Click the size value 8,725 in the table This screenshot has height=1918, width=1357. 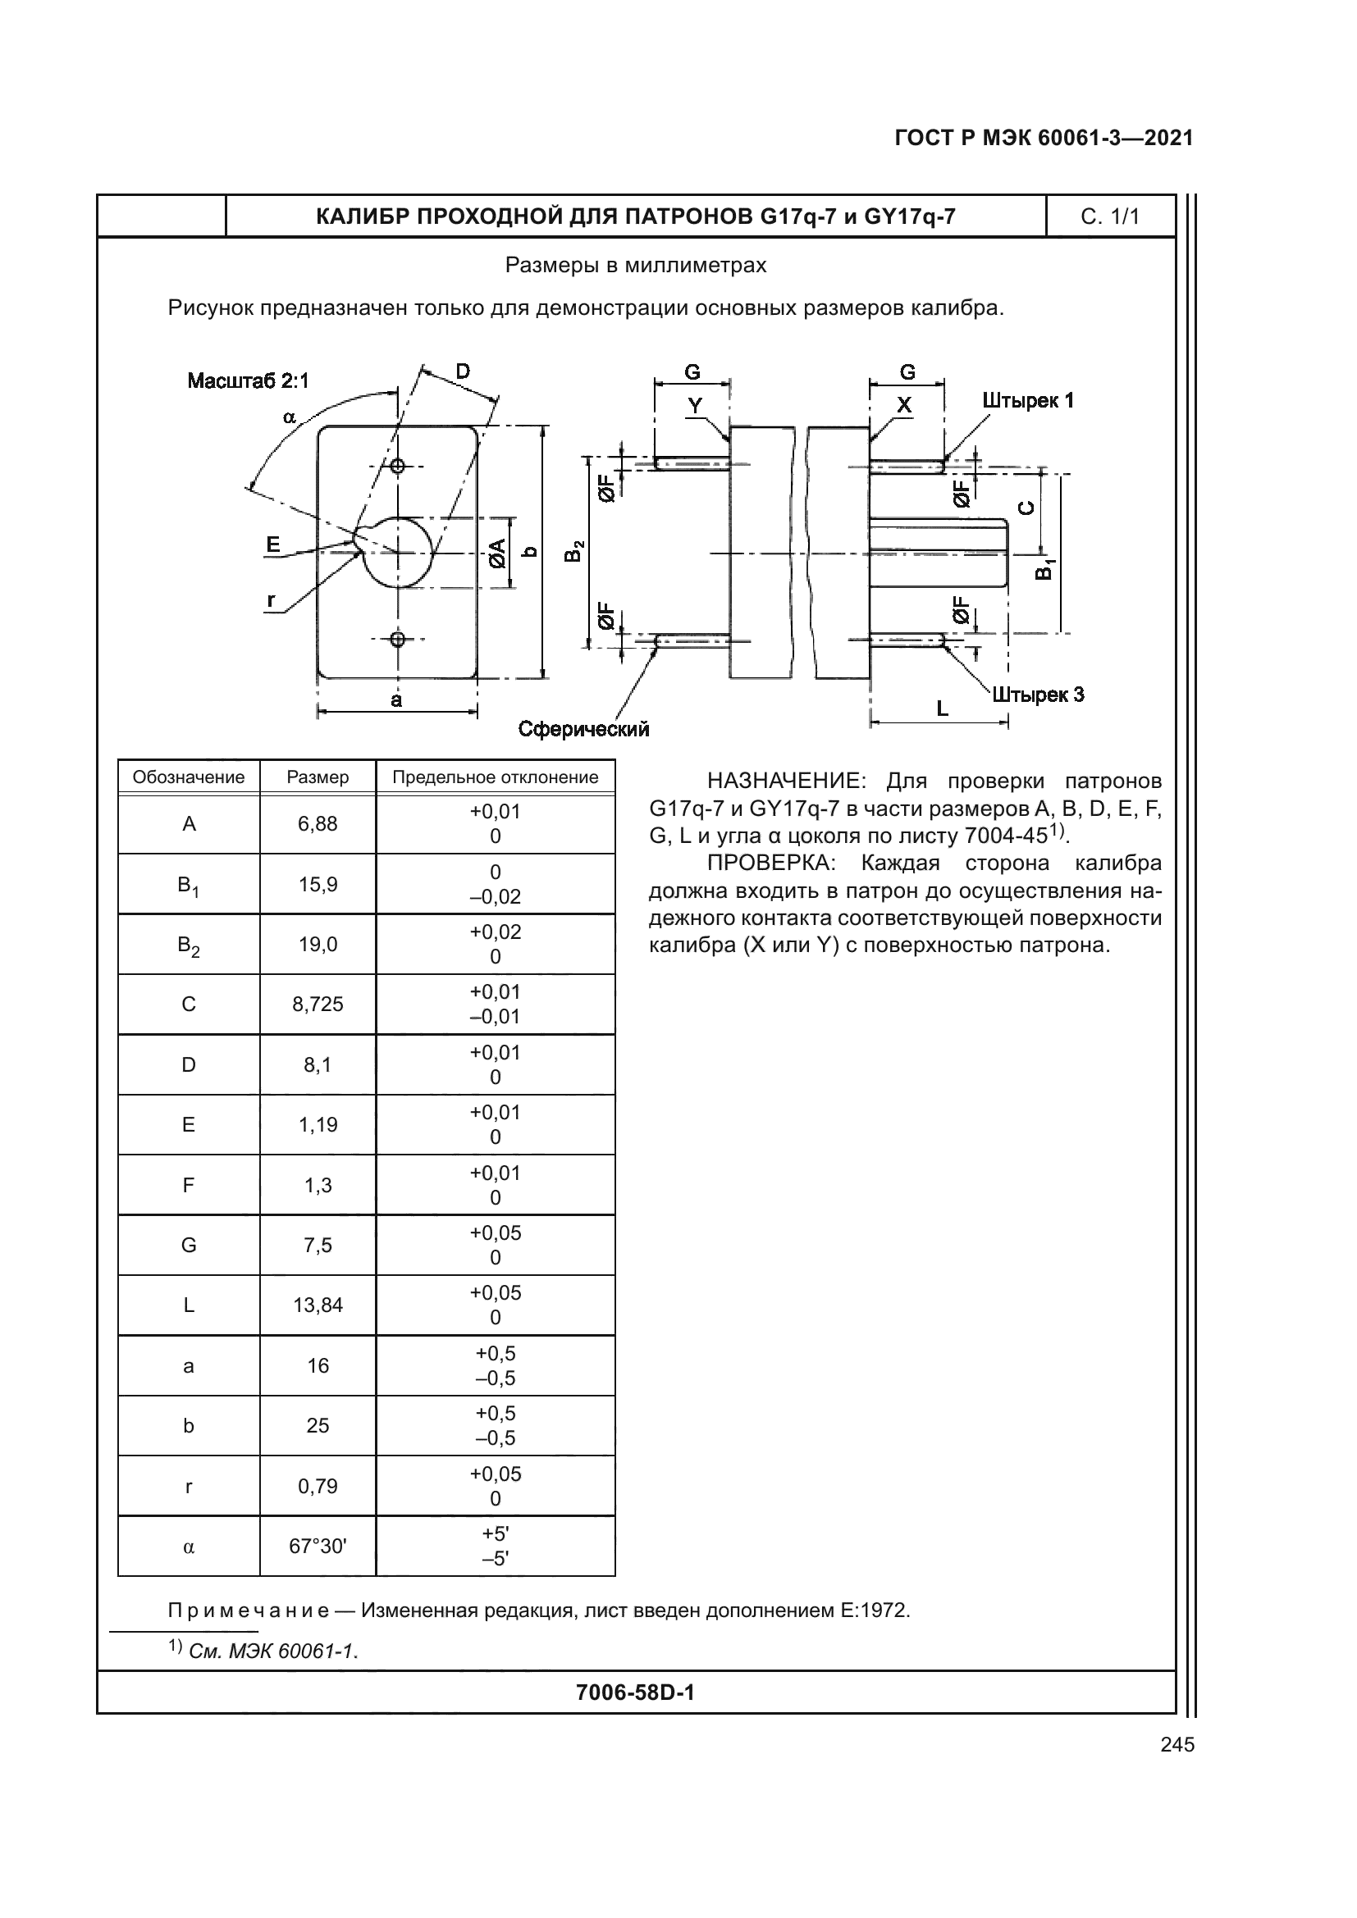(x=318, y=1005)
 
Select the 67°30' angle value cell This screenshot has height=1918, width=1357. (x=318, y=1547)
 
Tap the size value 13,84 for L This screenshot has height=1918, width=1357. (x=318, y=1305)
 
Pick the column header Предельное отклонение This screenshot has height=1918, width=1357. (x=496, y=777)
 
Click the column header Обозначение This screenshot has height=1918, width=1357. (x=189, y=777)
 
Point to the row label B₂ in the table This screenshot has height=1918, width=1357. (x=189, y=945)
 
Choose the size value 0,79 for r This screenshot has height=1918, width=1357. (x=318, y=1486)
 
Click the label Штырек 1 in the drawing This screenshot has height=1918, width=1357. (x=1028, y=401)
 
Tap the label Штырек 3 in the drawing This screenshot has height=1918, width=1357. (x=1039, y=695)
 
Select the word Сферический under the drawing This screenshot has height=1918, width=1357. (x=583, y=729)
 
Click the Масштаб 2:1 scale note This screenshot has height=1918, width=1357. (x=248, y=381)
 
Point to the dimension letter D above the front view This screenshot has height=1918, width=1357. (x=462, y=371)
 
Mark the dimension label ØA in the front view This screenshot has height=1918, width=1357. (x=497, y=553)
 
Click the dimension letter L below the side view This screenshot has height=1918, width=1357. (x=942, y=709)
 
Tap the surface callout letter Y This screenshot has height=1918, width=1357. (x=694, y=406)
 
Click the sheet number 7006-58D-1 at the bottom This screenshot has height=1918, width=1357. (x=635, y=1692)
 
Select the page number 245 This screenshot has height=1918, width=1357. (x=1177, y=1744)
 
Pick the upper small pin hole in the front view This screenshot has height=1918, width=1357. (x=398, y=465)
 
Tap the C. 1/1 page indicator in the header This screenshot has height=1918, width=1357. (x=1110, y=217)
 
